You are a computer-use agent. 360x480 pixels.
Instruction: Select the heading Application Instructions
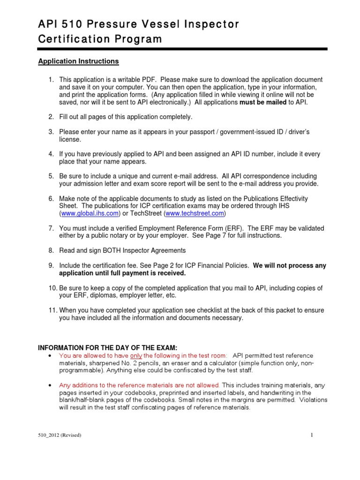click(x=78, y=61)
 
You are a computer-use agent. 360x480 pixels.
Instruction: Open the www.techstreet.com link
click(x=195, y=214)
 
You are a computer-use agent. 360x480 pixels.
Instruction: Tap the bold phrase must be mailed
click(x=262, y=103)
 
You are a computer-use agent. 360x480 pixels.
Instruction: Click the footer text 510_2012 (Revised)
click(x=60, y=435)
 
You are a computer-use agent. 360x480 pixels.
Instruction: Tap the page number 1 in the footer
click(x=311, y=435)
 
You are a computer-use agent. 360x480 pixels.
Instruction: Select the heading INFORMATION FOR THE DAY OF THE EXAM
click(x=107, y=347)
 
